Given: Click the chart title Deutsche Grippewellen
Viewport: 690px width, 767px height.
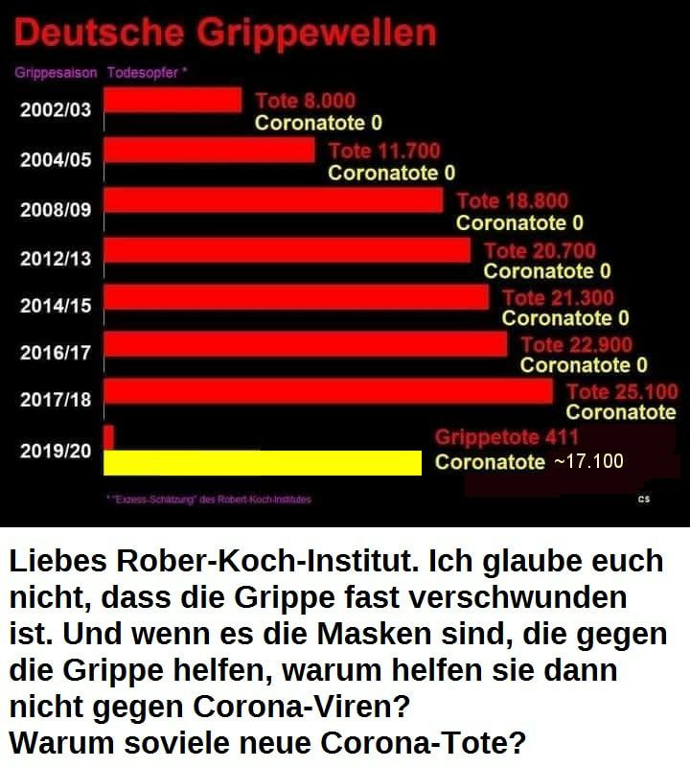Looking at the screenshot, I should [226, 34].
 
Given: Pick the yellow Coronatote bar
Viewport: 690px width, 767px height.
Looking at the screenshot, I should [262, 462].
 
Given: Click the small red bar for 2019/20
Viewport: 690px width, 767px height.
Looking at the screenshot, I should [108, 437].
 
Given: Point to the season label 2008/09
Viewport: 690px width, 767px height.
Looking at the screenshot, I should [56, 209].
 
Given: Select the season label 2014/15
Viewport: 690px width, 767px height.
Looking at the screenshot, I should [56, 306].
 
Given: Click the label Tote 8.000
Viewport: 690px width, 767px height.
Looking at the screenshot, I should [305, 101].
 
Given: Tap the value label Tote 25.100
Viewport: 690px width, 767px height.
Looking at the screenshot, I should [621, 391].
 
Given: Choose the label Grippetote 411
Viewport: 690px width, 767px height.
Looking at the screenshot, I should [506, 438].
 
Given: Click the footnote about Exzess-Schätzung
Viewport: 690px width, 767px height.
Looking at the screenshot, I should [209, 500].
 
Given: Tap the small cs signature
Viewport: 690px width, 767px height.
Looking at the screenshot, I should [643, 500].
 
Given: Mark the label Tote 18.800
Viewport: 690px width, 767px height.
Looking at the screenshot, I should [512, 201].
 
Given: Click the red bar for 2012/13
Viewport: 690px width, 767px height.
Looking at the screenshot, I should [287, 249].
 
